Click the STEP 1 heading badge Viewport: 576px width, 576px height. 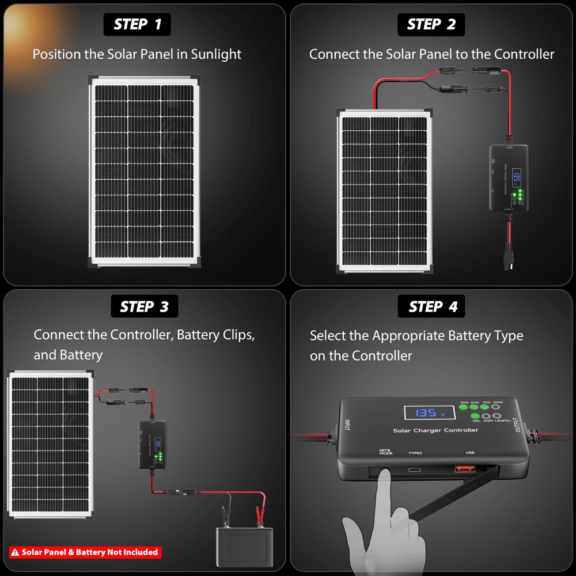(x=138, y=24)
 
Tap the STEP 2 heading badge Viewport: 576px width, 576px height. (x=431, y=24)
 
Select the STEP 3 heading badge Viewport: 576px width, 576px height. (x=144, y=307)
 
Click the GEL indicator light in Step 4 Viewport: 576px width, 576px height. (x=476, y=416)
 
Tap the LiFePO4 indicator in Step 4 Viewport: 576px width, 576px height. (x=497, y=416)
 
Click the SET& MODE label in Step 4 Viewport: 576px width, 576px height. (x=385, y=452)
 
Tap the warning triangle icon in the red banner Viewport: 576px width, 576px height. (x=16, y=552)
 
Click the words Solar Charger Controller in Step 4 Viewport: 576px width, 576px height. (x=435, y=430)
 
